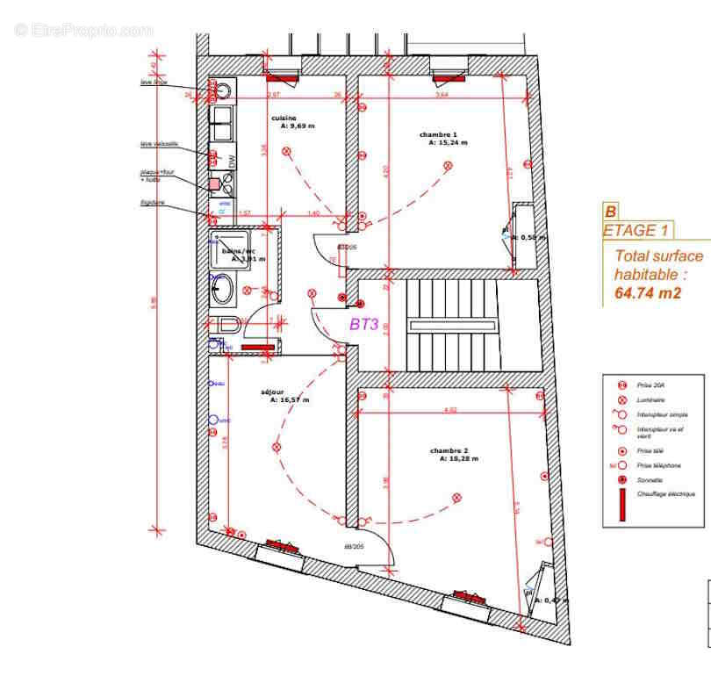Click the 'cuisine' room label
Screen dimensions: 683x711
coord(284,118)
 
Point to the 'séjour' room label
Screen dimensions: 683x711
coord(272,392)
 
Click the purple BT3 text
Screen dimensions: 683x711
coord(363,324)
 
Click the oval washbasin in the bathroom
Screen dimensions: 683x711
coord(222,289)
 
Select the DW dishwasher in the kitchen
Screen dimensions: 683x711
coord(232,161)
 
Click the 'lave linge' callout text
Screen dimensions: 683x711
coord(154,83)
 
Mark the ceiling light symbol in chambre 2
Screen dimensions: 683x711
coord(456,498)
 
